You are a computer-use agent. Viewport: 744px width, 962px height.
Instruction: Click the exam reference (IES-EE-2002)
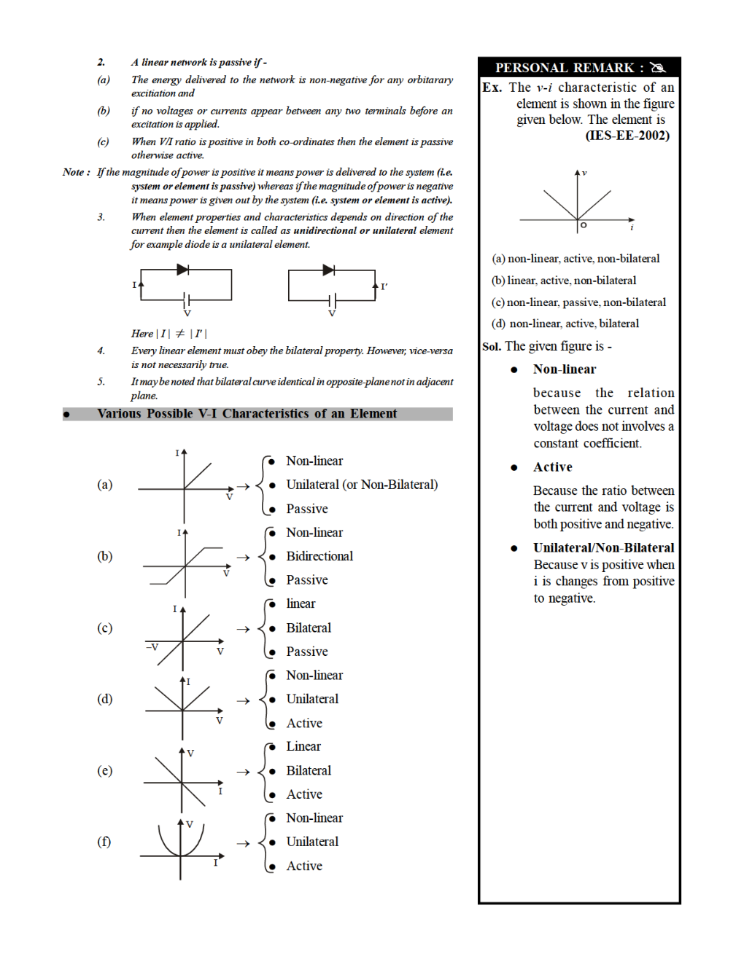click(627, 136)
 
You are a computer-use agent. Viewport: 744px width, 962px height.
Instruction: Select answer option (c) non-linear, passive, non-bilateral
click(578, 302)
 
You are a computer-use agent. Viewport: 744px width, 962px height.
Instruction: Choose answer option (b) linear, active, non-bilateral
click(564, 281)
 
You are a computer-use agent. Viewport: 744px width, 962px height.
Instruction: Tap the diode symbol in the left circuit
click(182, 270)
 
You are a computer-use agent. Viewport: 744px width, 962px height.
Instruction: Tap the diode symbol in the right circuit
click(328, 270)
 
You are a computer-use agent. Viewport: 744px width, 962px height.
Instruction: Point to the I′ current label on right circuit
click(384, 286)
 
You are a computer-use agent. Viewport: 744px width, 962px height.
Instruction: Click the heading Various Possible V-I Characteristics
click(247, 414)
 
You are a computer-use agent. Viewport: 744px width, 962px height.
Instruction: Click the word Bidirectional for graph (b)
click(319, 556)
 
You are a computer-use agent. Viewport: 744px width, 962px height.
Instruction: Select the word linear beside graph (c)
click(301, 603)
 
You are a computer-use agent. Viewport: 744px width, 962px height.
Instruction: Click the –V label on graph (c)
click(152, 646)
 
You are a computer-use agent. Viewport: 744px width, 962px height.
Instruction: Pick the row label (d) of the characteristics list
click(105, 699)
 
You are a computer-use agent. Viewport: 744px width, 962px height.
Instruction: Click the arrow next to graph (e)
click(243, 771)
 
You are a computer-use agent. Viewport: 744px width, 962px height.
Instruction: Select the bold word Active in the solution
click(552, 467)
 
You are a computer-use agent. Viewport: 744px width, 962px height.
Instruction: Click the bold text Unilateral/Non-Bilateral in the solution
click(603, 548)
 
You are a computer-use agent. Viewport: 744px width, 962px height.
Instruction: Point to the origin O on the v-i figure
click(583, 225)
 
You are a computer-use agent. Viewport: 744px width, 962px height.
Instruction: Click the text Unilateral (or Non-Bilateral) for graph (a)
click(362, 485)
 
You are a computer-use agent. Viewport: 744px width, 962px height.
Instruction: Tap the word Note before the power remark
click(73, 173)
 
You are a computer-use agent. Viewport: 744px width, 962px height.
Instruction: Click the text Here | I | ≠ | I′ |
click(169, 334)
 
